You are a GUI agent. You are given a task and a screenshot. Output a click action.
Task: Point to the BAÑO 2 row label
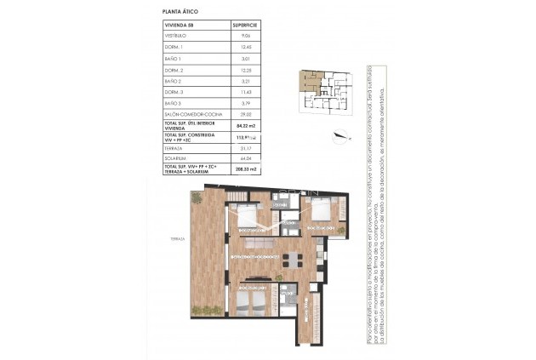coord(174,81)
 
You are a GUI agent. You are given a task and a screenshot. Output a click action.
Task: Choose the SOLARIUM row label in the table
coord(176,157)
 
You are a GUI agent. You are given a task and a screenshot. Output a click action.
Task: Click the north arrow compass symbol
coord(342,134)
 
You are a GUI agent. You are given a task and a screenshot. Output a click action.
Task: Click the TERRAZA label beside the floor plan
coord(177,239)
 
